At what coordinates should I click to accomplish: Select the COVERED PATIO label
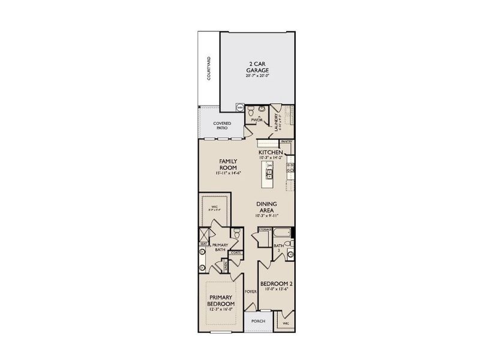pos(223,125)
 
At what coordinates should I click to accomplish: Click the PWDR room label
pos(257,119)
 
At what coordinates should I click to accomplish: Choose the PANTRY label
pos(286,142)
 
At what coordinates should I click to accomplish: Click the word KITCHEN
pos(270,152)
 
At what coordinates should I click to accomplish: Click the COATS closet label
pos(235,253)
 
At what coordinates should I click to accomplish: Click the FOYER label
pos(250,292)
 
